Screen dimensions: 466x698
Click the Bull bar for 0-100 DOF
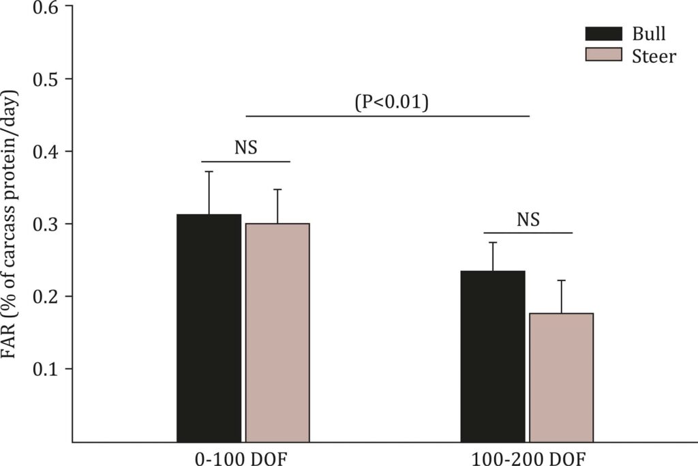[209, 328]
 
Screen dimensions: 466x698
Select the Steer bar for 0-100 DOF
[277, 333]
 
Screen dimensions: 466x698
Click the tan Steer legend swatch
[604, 55]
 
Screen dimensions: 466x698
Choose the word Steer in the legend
[654, 56]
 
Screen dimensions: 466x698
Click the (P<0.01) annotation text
[391, 102]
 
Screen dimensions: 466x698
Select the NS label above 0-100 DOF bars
[246, 147]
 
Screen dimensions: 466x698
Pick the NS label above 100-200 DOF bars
[528, 220]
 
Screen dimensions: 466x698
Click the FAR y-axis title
[15, 221]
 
